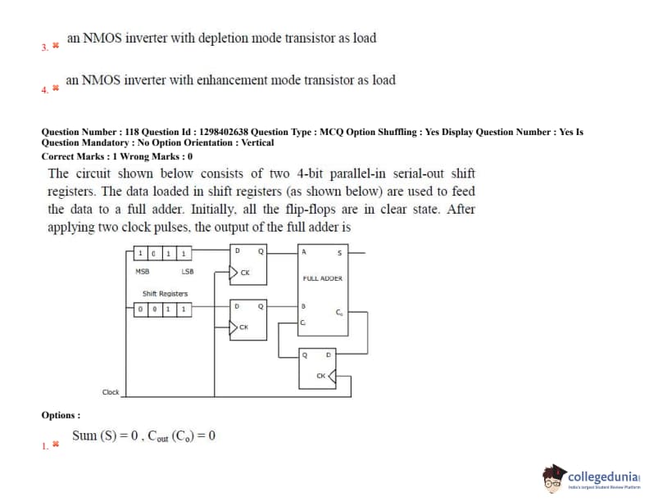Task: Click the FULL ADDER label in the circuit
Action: click(x=323, y=278)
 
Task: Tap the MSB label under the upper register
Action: click(x=142, y=270)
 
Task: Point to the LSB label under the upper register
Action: click(x=188, y=270)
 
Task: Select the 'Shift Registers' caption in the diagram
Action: click(x=165, y=293)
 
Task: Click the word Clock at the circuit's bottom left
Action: click(x=111, y=392)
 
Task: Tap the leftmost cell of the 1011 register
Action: click(x=142, y=253)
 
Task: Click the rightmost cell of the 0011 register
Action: click(x=185, y=309)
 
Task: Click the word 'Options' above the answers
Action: click(x=60, y=415)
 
